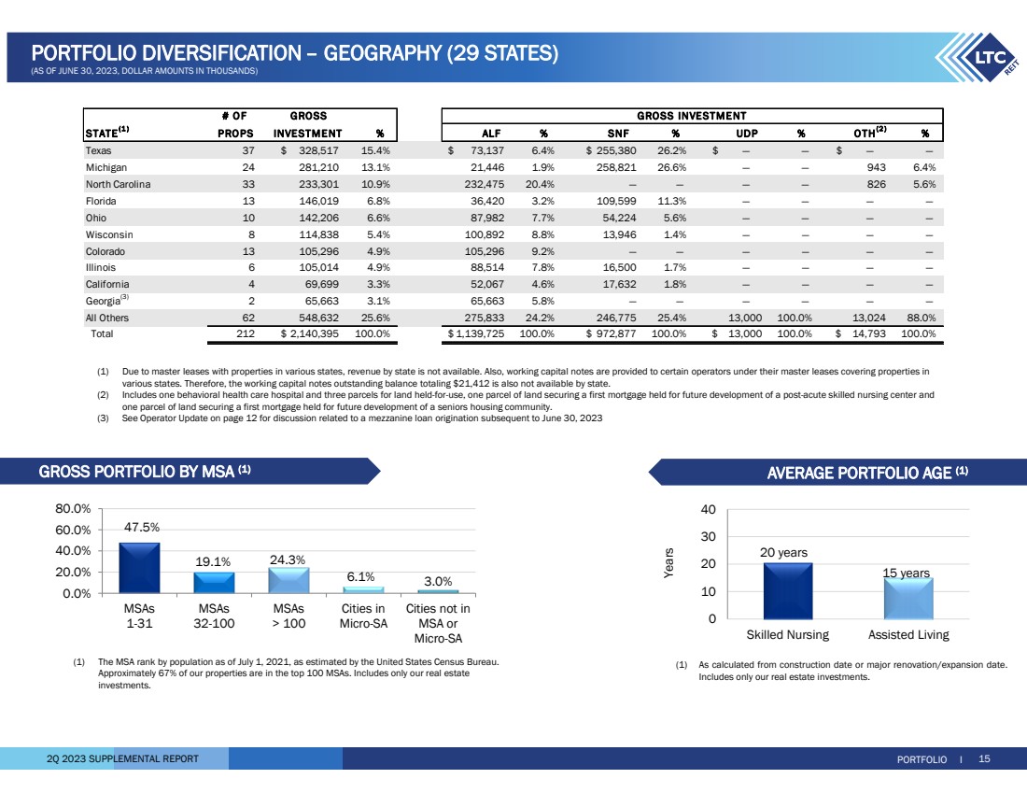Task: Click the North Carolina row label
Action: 118,184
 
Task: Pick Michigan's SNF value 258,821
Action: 614,167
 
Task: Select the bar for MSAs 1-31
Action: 139,568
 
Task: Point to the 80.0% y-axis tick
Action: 73,509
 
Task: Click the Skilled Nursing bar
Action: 788,591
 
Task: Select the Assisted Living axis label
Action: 907,635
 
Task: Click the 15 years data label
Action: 907,572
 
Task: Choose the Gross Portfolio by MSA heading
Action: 145,472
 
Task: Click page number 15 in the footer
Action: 984,758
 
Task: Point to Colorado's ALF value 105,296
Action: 490,251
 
